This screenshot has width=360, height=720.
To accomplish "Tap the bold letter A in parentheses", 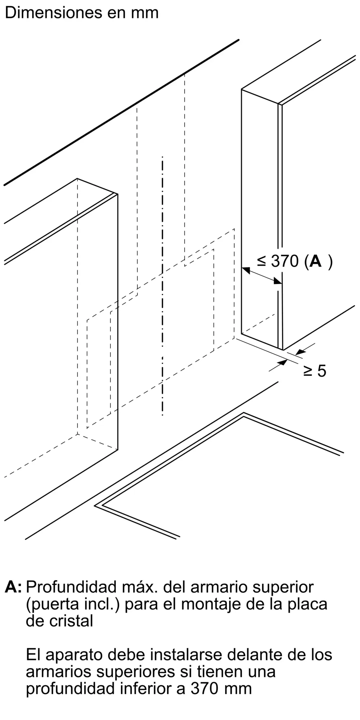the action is pyautogui.click(x=315, y=261).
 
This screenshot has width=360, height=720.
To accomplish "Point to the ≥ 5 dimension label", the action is pyautogui.click(x=315, y=371).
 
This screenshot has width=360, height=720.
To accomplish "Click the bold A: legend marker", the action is pyautogui.click(x=13, y=587).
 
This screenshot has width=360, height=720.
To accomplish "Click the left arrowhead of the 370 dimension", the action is pyautogui.click(x=246, y=270).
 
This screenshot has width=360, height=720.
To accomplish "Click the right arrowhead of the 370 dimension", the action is pyautogui.click(x=278, y=281).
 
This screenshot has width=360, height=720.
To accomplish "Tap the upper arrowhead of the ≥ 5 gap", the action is pyautogui.click(x=300, y=351).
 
